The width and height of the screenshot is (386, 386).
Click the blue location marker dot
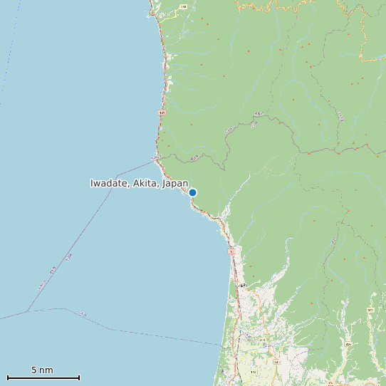pos(192,192)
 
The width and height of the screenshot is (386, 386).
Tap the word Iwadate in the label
pos(109,184)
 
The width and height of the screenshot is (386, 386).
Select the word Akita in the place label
pos(145,184)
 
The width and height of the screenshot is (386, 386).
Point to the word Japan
pos(175,184)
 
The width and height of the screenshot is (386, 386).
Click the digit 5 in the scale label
pos(34,370)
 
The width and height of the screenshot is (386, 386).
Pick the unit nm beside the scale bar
pos(47,370)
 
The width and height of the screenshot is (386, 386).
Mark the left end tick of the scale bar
pos(7,377)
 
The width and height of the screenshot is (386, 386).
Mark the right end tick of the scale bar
pos(79,377)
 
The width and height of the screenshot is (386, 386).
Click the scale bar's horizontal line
pos(43,377)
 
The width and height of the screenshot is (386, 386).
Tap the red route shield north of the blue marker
pos(162,113)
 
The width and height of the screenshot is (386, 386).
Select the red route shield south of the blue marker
pos(231,252)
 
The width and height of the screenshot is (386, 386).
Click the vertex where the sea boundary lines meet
pos(28,311)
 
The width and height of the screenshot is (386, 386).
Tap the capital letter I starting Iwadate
pos(92,184)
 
